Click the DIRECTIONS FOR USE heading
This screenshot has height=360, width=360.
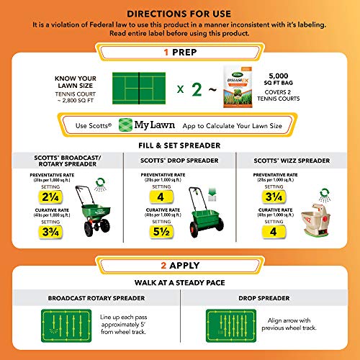pyautogui.click(x=180, y=13)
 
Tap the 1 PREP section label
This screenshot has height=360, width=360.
pyautogui.click(x=180, y=54)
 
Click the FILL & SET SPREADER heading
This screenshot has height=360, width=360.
pyautogui.click(x=180, y=144)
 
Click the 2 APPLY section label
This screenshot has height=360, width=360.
pyautogui.click(x=180, y=264)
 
